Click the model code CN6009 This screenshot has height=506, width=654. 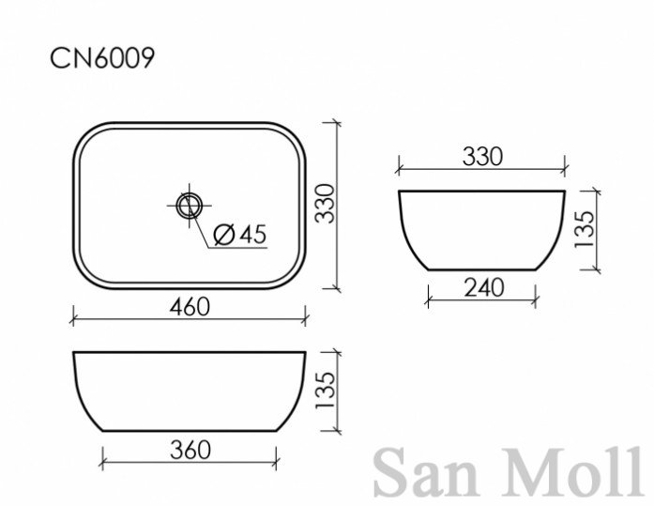pyautogui.click(x=102, y=57)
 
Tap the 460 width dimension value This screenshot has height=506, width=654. pyautogui.click(x=190, y=307)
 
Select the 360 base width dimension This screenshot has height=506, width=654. pyautogui.click(x=190, y=450)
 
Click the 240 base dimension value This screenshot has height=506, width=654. pyautogui.click(x=484, y=288)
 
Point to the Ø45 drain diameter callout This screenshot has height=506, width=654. pyautogui.click(x=240, y=234)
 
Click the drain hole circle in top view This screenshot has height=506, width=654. pyautogui.click(x=190, y=206)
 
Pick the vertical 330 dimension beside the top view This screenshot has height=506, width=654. pyautogui.click(x=325, y=204)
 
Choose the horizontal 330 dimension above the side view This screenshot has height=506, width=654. pyautogui.click(x=482, y=157)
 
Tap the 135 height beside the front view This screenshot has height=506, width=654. pyautogui.click(x=326, y=391)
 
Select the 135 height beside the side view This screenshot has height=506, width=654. pyautogui.click(x=584, y=229)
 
